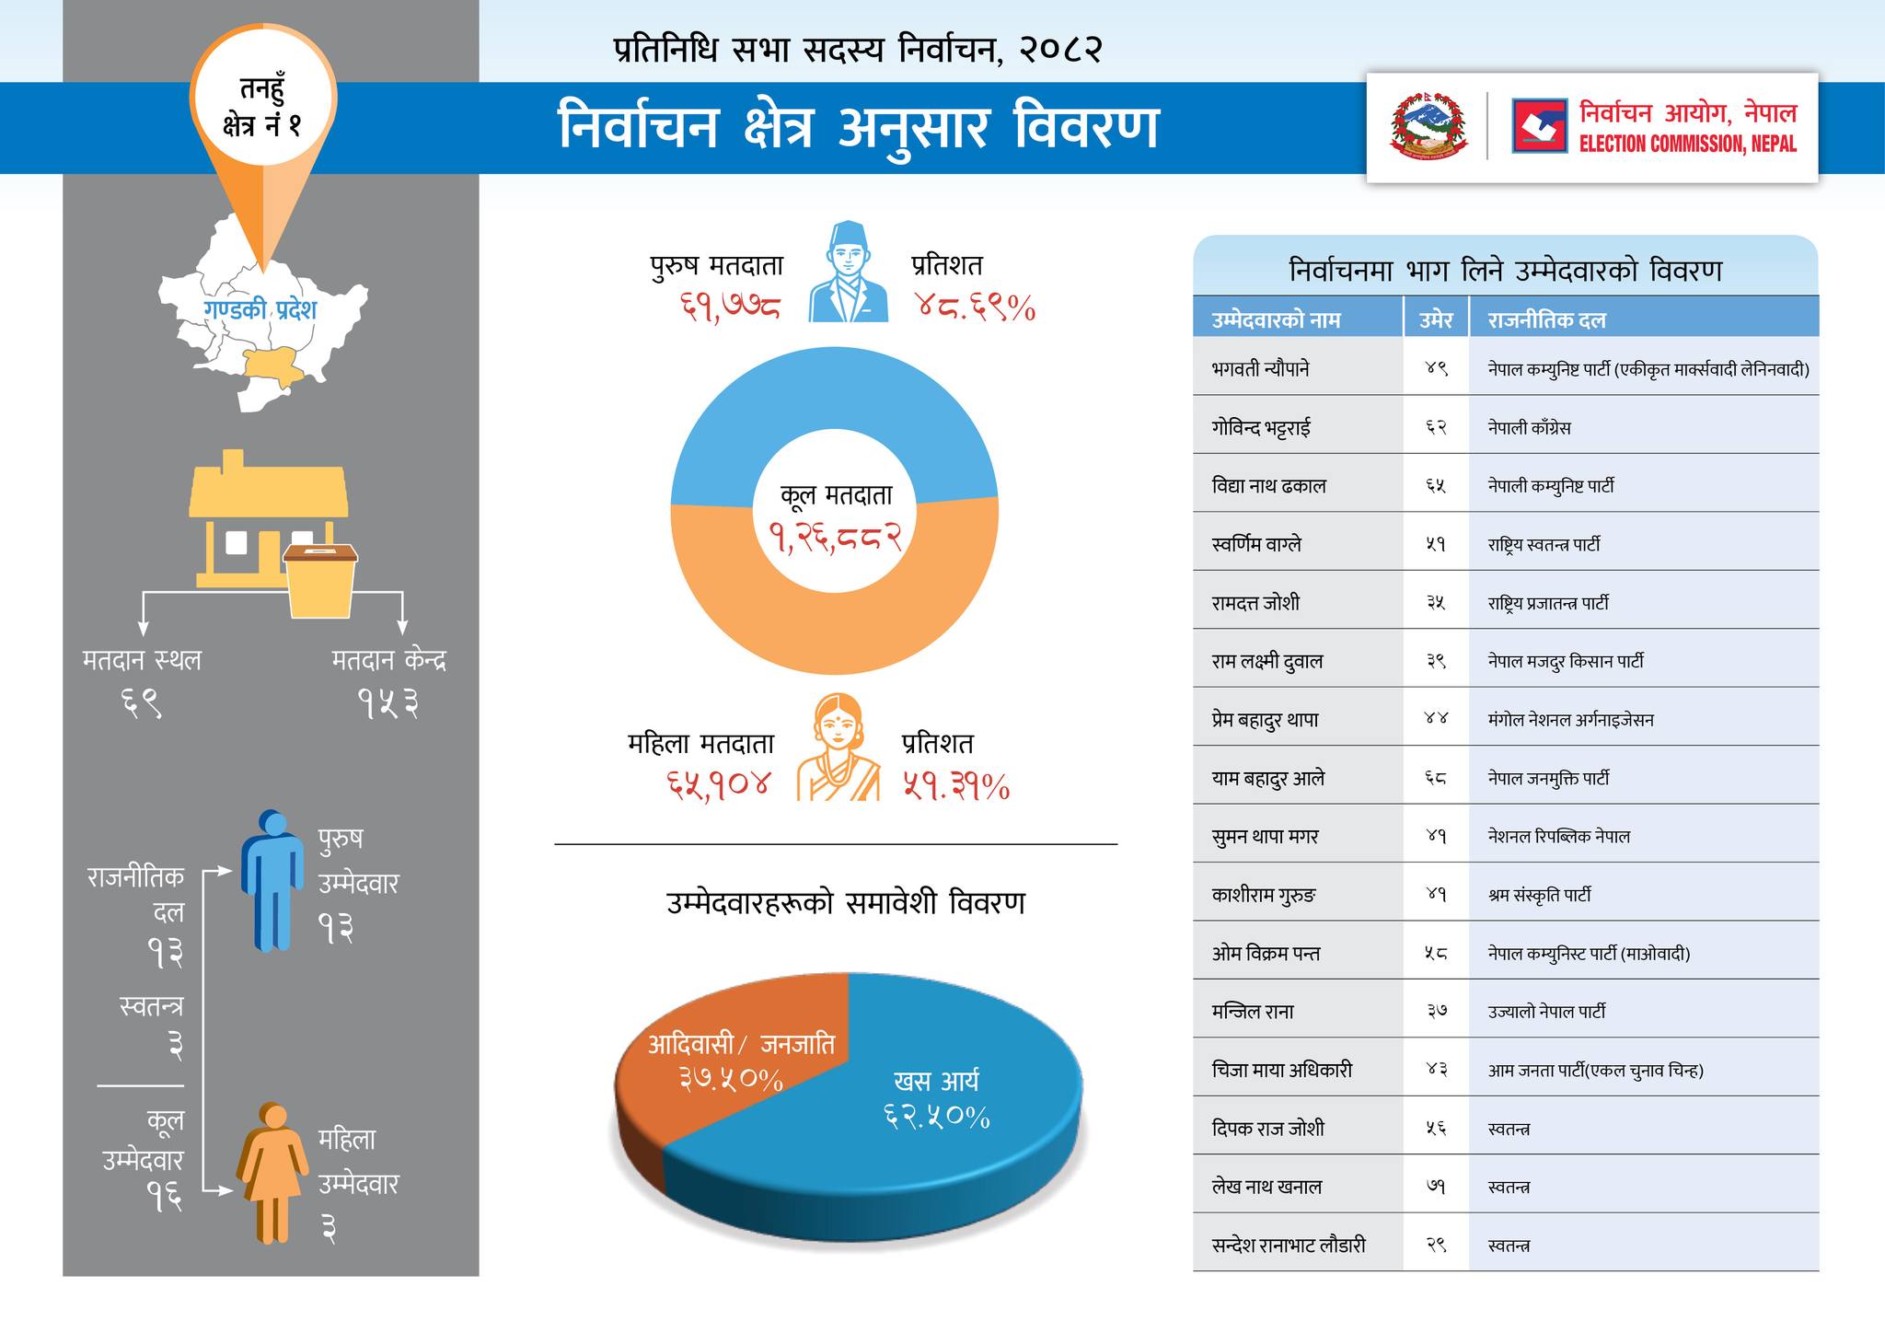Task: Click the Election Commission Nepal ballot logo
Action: point(1539,126)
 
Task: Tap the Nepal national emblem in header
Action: point(1428,126)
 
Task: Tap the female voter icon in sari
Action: point(838,748)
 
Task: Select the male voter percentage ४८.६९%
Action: point(975,307)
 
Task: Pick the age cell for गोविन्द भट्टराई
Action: point(1436,427)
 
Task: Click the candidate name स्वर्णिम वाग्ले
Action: point(1257,544)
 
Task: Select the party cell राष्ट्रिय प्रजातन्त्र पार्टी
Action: point(1548,603)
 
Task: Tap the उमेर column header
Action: point(1436,320)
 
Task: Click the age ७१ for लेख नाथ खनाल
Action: point(1436,1187)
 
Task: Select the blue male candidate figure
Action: point(272,879)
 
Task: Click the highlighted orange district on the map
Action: point(272,367)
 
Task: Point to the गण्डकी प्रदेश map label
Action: point(260,309)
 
